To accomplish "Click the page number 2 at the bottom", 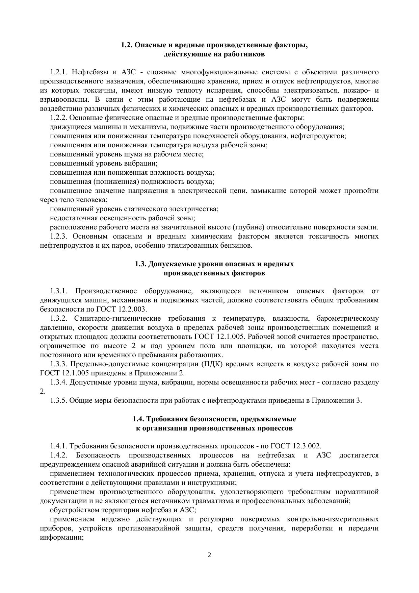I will [x=209, y=555].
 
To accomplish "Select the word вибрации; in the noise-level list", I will [x=141, y=163].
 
